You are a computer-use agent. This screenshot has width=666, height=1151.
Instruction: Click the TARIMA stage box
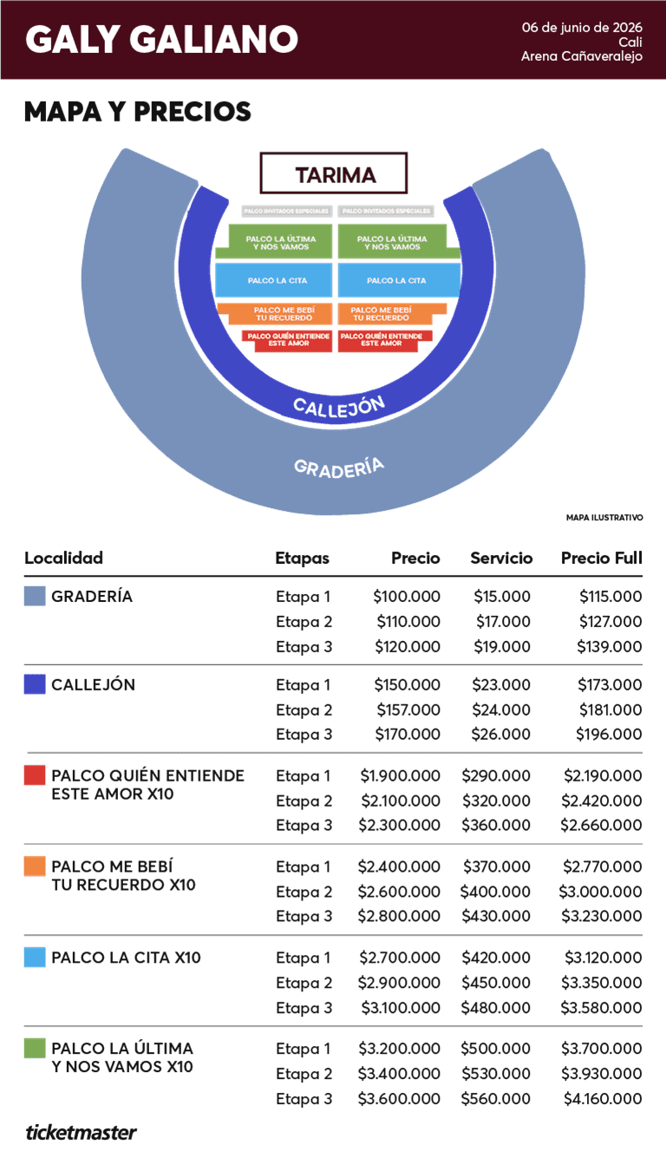click(x=334, y=173)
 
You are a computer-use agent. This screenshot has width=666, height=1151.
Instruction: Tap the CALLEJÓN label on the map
click(x=339, y=405)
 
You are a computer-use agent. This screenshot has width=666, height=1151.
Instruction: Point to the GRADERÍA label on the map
click(x=339, y=467)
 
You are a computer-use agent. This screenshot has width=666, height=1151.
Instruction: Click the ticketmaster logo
click(x=81, y=1131)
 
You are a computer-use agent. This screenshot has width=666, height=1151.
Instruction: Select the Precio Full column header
click(x=601, y=558)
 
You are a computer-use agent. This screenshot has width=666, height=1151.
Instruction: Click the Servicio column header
click(x=501, y=558)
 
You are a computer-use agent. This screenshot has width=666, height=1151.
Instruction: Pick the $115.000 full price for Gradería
click(x=610, y=597)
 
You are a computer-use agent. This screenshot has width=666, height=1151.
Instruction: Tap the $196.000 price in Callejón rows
click(x=609, y=734)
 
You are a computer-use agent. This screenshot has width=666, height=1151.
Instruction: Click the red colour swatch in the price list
click(x=35, y=775)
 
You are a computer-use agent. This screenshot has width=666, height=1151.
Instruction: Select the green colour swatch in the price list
click(x=35, y=1049)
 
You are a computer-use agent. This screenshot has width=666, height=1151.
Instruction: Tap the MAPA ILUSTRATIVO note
click(x=604, y=518)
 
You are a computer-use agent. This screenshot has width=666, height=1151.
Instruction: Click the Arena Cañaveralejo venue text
click(x=581, y=56)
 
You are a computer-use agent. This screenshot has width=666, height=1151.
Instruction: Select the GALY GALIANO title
click(x=162, y=39)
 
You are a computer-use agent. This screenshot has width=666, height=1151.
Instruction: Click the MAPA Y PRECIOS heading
click(x=138, y=112)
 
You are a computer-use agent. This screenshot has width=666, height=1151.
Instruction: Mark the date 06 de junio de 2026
click(x=581, y=27)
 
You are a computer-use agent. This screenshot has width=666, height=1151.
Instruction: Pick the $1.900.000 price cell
click(x=400, y=775)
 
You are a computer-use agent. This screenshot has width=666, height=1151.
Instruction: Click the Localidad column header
click(x=63, y=558)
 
